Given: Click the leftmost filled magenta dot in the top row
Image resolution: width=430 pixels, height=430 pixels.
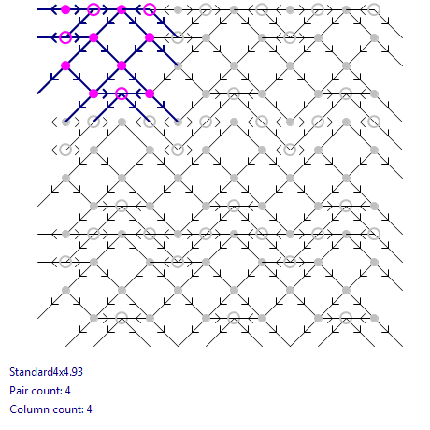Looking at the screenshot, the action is pyautogui.click(x=65, y=9).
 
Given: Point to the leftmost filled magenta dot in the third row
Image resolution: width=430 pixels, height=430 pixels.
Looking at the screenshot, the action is pyautogui.click(x=65, y=65).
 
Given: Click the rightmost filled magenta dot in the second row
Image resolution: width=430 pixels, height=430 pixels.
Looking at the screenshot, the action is pyautogui.click(x=150, y=37).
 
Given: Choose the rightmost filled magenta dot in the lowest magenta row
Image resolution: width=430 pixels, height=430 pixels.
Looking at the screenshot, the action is pyautogui.click(x=150, y=93).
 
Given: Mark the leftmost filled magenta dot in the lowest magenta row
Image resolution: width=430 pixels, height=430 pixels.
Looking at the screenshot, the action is pyautogui.click(x=93, y=93).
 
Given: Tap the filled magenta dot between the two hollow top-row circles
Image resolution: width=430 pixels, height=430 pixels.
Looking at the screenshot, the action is pyautogui.click(x=122, y=9).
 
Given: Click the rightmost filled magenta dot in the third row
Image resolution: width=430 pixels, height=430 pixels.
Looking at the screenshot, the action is pyautogui.click(x=122, y=65).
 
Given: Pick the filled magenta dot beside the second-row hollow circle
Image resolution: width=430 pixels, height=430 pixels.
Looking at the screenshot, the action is pyautogui.click(x=93, y=37).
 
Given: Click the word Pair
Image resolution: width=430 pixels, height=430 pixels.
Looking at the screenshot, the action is pyautogui.click(x=19, y=391).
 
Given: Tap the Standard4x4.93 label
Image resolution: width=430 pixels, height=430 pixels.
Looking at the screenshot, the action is pyautogui.click(x=46, y=372).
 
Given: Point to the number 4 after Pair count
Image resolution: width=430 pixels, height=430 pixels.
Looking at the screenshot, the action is pyautogui.click(x=68, y=391).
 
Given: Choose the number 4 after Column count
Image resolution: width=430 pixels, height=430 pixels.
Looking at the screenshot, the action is pyautogui.click(x=89, y=409).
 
